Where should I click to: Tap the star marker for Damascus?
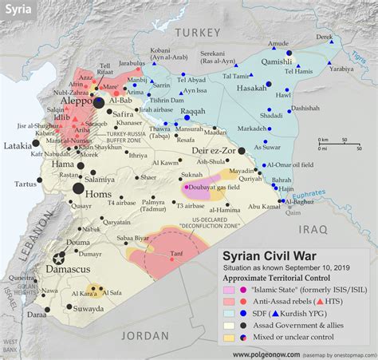[58, 258]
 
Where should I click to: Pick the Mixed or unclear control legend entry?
[288, 337]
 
